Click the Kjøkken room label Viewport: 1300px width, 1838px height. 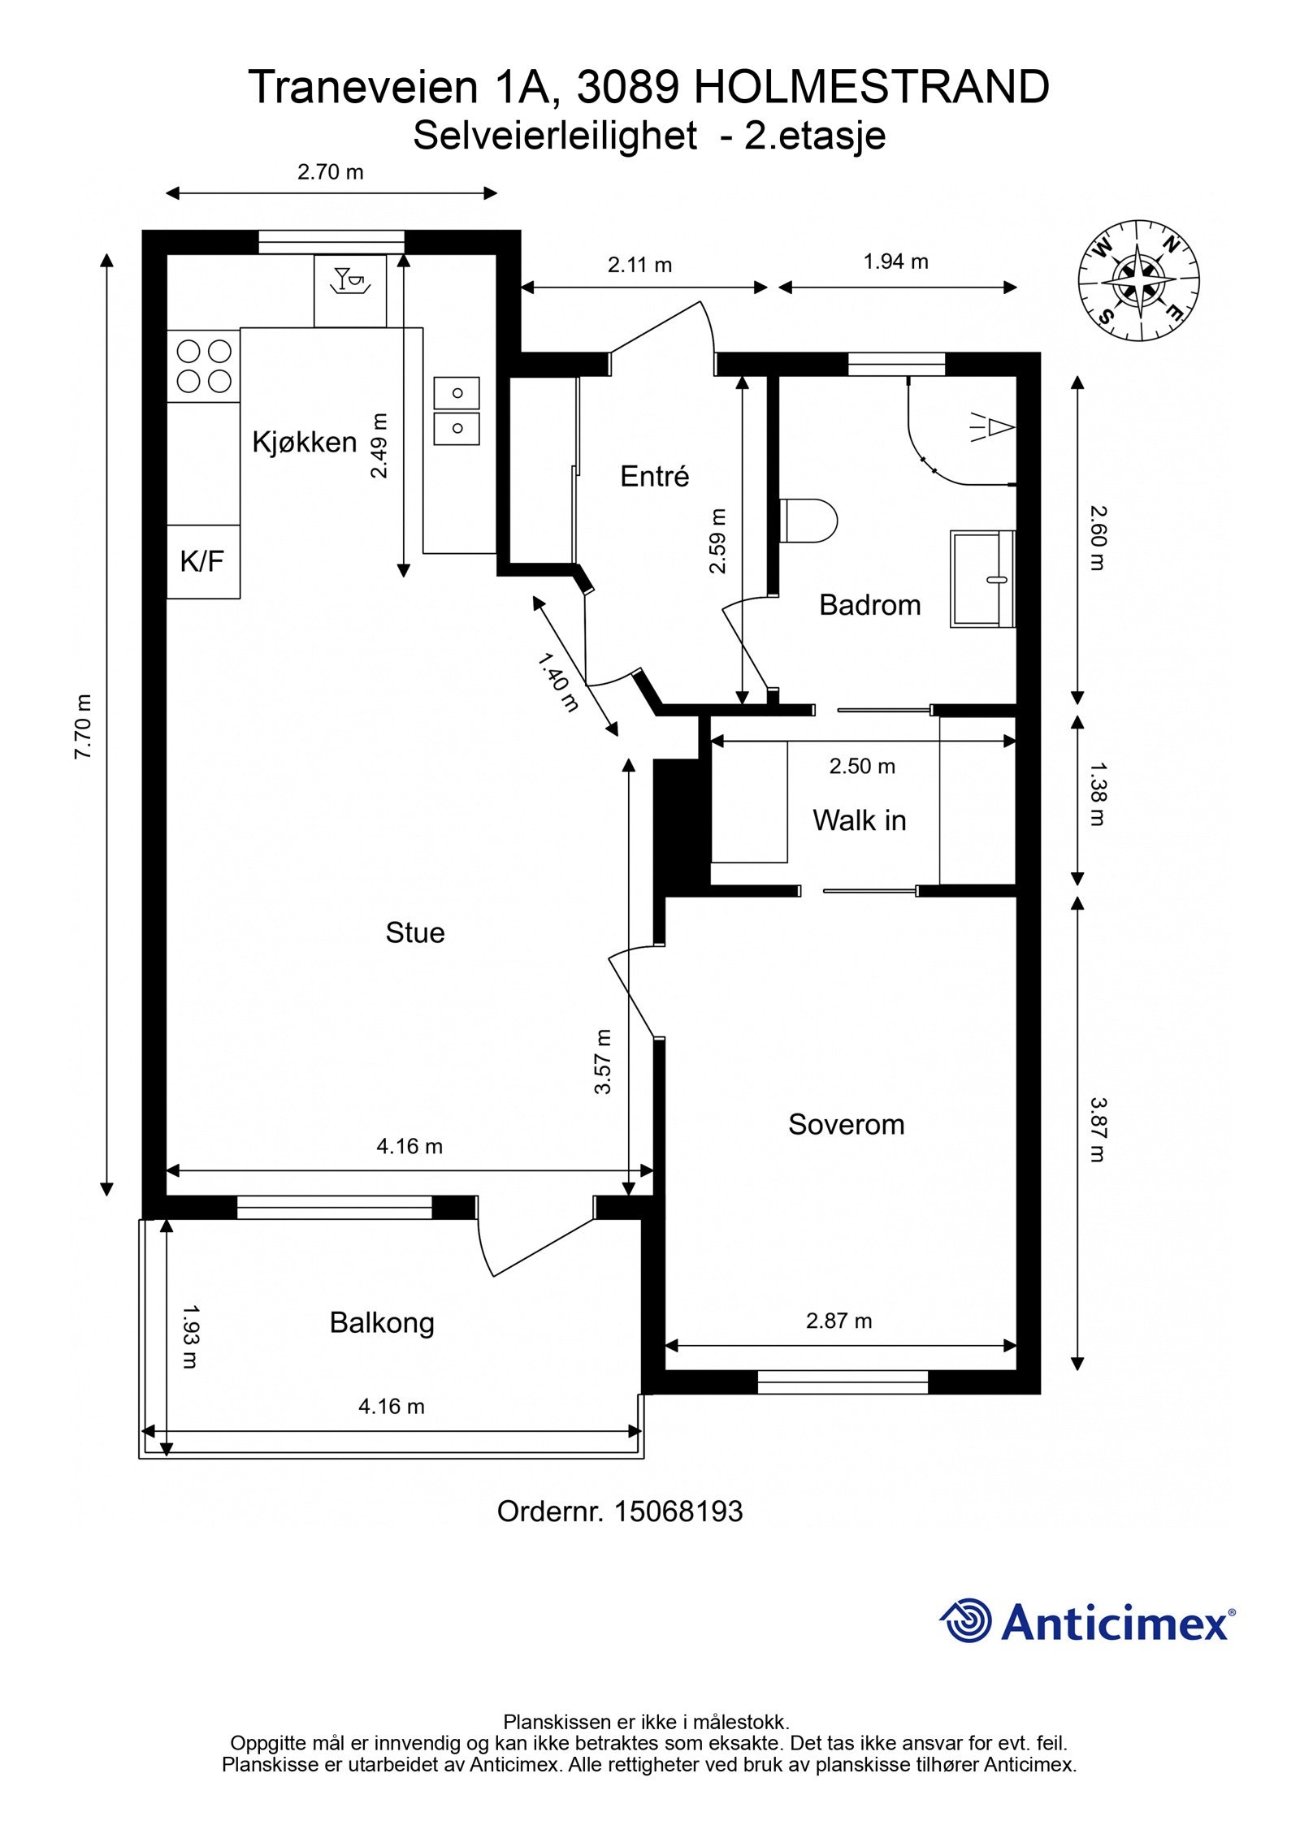305,443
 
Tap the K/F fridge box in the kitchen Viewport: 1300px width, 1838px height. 203,561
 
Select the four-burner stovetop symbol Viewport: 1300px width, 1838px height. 204,365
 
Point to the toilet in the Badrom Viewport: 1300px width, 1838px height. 808,520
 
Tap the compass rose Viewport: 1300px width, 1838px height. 1139,280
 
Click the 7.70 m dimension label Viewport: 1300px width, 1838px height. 83,726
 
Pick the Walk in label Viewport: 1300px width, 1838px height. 860,820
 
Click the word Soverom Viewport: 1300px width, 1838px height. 846,1124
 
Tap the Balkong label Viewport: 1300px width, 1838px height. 382,1323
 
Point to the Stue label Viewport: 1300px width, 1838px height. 415,932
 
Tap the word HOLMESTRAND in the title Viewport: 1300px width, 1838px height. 872,87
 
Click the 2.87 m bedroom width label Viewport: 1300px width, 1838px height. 838,1321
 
